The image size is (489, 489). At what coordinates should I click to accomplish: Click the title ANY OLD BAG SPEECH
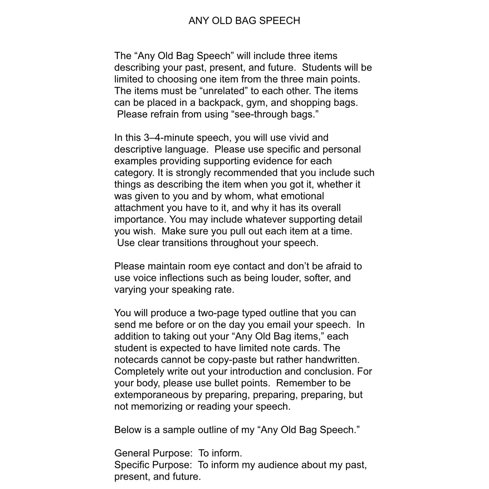point(244,21)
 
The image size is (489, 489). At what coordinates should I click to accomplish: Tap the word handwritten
point(332,360)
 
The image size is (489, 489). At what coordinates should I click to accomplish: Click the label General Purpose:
point(153,453)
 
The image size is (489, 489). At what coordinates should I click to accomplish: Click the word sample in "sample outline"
point(178,430)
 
